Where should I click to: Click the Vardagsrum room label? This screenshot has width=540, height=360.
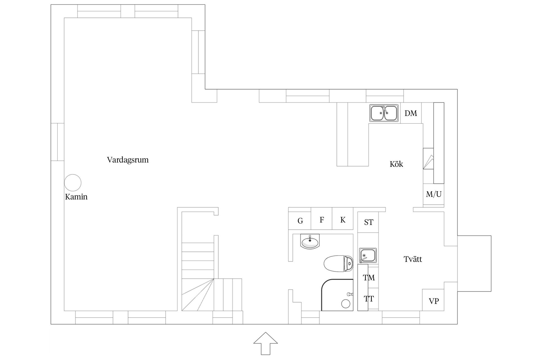[128, 160]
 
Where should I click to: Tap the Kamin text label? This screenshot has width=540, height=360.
[76, 197]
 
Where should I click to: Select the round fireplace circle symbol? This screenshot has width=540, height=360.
[73, 183]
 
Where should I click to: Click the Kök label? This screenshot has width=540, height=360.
[396, 164]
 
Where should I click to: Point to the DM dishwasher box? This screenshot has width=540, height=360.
[411, 113]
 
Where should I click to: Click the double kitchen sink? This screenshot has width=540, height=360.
[384, 113]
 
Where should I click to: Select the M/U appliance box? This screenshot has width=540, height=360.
[433, 194]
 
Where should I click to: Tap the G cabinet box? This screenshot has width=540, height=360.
[300, 220]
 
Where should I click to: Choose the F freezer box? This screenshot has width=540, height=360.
[321, 219]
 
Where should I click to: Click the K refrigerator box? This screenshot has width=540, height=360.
[343, 219]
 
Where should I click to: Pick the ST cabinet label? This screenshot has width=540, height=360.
[368, 222]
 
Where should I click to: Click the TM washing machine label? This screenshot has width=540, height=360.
[369, 278]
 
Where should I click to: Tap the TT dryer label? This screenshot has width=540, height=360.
[369, 299]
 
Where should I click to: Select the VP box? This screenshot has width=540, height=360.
[433, 300]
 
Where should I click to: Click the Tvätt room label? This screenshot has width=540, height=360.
[413, 259]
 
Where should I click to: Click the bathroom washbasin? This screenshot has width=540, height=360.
[310, 242]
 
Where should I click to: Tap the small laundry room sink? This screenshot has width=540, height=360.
[368, 255]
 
